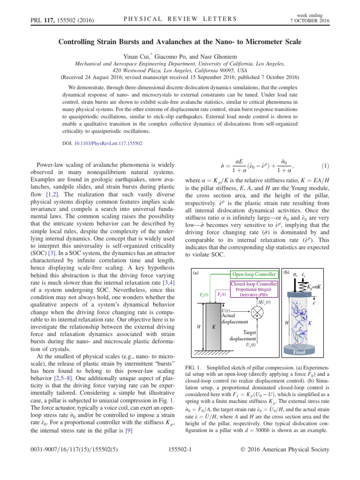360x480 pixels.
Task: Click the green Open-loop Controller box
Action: (253, 274)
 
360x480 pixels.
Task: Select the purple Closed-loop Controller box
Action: (253, 284)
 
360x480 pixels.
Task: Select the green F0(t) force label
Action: (205, 295)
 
